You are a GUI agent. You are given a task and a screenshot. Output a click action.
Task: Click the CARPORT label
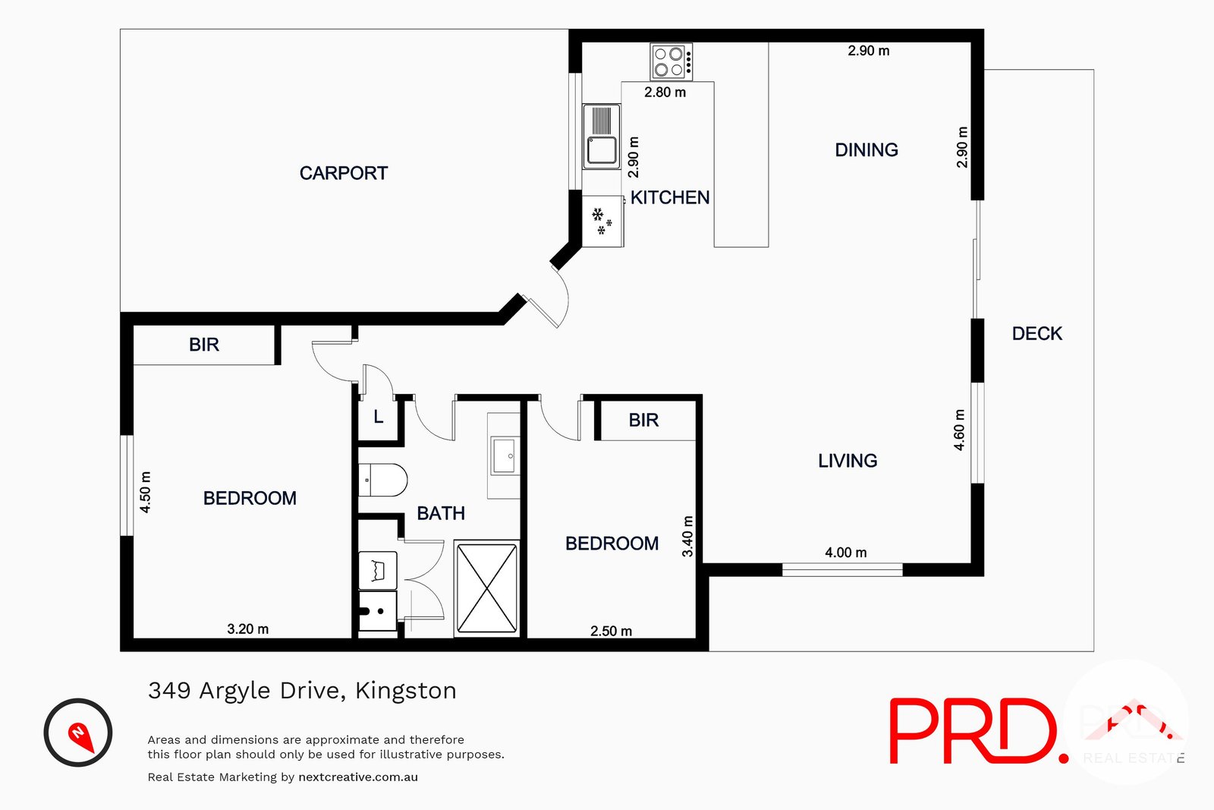tap(343, 173)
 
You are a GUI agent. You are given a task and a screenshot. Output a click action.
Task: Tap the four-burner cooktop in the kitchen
tap(671, 61)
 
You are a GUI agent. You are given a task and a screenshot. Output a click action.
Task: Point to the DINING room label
tap(866, 150)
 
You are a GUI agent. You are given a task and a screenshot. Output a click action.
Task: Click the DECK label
tap(1036, 333)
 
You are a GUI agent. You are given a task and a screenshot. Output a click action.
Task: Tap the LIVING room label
tap(847, 461)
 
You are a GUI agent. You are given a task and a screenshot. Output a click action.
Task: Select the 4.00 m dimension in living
tap(845, 553)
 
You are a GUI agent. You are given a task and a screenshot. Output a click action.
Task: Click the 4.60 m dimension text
tap(959, 430)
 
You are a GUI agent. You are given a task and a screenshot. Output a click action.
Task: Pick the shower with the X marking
tap(486, 588)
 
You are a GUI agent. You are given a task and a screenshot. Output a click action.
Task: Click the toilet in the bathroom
tap(382, 481)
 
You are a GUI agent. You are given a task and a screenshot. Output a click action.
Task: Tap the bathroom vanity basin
tap(504, 455)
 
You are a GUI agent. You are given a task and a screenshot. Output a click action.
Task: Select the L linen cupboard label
tap(378, 417)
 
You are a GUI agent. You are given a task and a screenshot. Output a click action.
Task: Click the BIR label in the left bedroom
tap(203, 345)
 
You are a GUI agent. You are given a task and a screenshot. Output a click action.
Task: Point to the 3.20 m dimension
tap(247, 629)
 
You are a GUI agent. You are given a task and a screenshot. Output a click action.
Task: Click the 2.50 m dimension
tap(611, 631)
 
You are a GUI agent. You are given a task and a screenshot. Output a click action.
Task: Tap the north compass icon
tap(78, 733)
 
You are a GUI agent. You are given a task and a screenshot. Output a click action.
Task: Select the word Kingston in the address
tap(405, 691)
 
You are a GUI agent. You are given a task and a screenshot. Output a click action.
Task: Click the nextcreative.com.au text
tap(358, 777)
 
